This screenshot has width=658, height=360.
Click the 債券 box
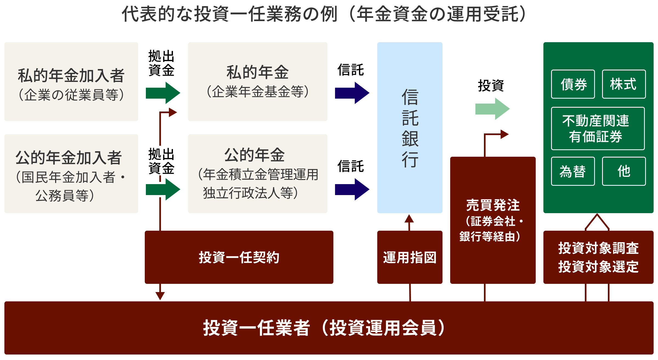(573, 84)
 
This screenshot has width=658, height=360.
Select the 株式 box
(623, 84)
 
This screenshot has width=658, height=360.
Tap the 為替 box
(573, 171)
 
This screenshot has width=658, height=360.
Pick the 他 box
(623, 171)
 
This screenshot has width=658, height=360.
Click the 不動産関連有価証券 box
(597, 128)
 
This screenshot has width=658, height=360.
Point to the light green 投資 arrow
(492, 109)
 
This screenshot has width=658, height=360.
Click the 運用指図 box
(410, 257)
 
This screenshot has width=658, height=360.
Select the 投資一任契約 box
(239, 257)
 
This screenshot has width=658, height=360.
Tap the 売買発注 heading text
(493, 205)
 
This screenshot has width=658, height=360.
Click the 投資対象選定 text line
(598, 267)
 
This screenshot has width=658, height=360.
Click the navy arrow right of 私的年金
(352, 93)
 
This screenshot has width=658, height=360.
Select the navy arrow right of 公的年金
(352, 189)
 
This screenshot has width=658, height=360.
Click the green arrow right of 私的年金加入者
(163, 93)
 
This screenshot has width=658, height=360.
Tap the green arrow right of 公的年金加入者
(163, 189)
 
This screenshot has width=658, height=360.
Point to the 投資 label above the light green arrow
(491, 85)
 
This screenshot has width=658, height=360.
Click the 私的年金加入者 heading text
(71, 76)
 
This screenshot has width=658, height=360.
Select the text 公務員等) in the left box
(65, 196)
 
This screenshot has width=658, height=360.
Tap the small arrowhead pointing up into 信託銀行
(409, 219)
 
